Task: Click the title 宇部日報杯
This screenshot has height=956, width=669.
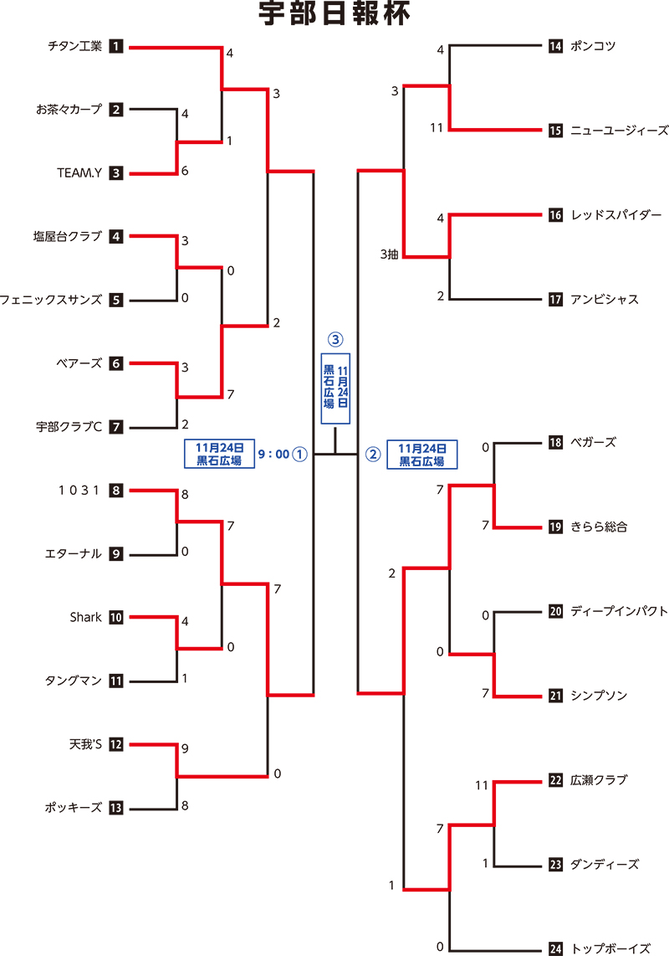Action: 334,16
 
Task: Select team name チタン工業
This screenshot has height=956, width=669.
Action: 74,46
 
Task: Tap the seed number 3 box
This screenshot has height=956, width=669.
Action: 116,173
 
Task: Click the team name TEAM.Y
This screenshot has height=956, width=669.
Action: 79,173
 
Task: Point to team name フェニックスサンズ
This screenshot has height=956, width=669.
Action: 51,300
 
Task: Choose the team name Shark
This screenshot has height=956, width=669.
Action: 85,617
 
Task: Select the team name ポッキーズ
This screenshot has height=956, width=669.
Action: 74,808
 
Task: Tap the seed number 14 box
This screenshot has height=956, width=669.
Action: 555,46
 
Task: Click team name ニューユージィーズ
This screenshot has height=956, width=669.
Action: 620,131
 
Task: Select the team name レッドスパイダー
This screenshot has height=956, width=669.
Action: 616,215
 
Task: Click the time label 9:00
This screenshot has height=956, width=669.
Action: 273,454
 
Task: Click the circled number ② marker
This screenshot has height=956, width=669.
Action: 373,454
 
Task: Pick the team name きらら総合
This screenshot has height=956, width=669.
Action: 599,527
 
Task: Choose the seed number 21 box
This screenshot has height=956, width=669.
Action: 555,696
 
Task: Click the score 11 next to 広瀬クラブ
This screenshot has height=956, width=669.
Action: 481,785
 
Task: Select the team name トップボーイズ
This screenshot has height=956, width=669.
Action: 610,948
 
